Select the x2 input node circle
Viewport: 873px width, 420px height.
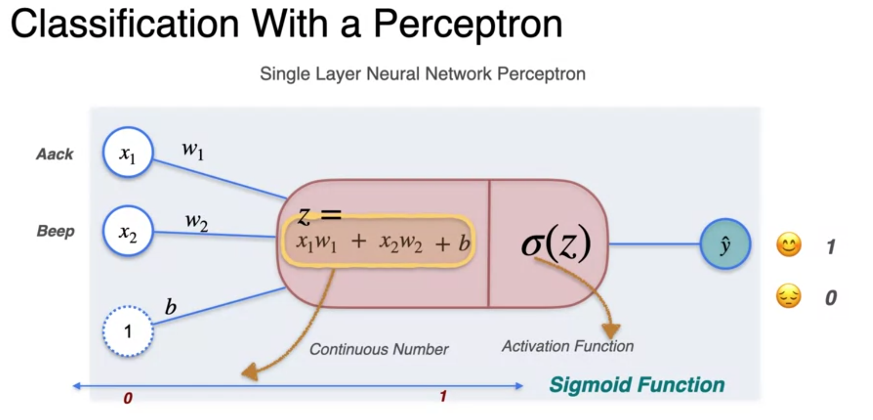[x=128, y=231]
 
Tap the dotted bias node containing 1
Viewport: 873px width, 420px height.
[x=128, y=331]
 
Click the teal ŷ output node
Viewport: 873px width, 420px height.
[x=725, y=244]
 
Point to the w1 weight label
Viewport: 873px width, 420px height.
[x=193, y=150]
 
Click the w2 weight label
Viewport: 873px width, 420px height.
[x=197, y=221]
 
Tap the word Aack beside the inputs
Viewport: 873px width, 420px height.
[x=55, y=154]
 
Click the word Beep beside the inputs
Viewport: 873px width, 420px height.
[x=56, y=231]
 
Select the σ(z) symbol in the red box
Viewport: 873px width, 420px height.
[x=556, y=243]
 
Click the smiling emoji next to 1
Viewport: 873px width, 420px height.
[x=789, y=245]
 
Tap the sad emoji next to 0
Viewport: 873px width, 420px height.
[x=788, y=296]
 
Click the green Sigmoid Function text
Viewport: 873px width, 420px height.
[x=637, y=385]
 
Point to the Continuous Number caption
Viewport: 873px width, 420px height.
[x=379, y=349]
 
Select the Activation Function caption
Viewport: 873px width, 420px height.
[x=568, y=346]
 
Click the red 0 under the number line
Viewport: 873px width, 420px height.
[x=128, y=398]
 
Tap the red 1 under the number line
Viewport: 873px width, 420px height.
[x=443, y=396]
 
